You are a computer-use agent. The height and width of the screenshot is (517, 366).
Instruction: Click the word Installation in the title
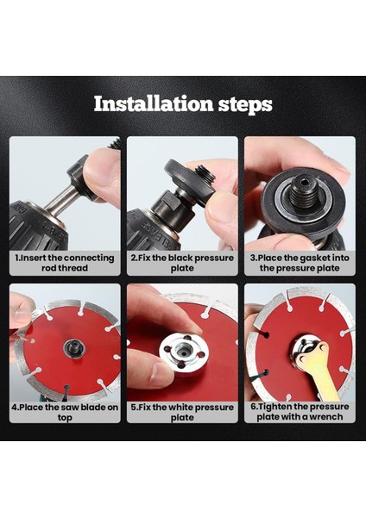coord(154,103)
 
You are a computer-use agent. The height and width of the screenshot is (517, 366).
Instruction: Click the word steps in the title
coord(245,105)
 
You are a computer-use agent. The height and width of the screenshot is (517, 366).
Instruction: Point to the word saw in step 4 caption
coord(71,408)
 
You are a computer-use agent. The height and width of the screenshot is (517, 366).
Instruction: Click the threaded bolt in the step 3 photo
coord(304,192)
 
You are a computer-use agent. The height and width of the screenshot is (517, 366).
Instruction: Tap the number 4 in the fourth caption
coord(14,408)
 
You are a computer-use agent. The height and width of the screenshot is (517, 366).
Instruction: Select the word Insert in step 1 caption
coord(33,258)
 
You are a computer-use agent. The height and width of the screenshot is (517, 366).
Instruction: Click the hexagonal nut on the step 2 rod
coord(168,204)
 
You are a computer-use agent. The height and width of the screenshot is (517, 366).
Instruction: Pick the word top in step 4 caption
coord(65,418)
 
